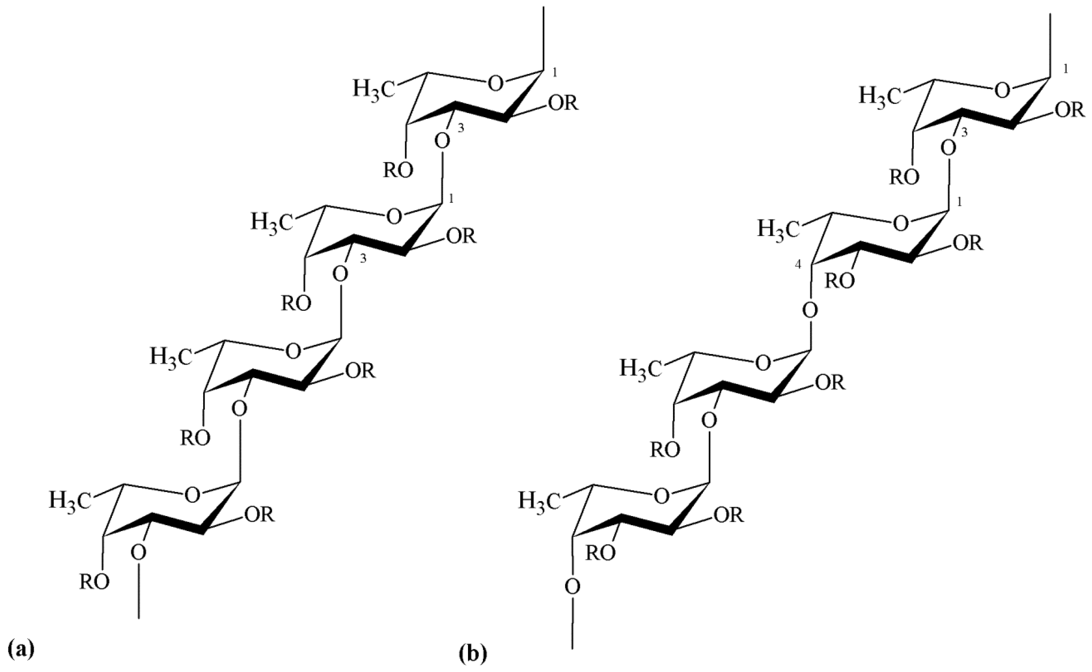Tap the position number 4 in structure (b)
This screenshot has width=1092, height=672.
click(798, 265)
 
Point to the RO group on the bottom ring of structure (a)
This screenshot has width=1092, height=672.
click(94, 582)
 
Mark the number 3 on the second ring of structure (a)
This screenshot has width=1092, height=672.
click(363, 260)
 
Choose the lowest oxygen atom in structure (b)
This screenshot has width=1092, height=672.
click(573, 587)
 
